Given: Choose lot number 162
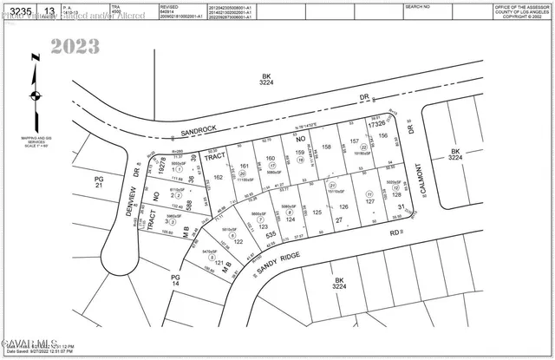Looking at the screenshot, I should pos(218,177).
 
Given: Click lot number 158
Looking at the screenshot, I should pos(327,147).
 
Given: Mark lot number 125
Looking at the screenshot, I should pos(317,213).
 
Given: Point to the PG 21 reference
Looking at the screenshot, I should pos(98,182).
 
